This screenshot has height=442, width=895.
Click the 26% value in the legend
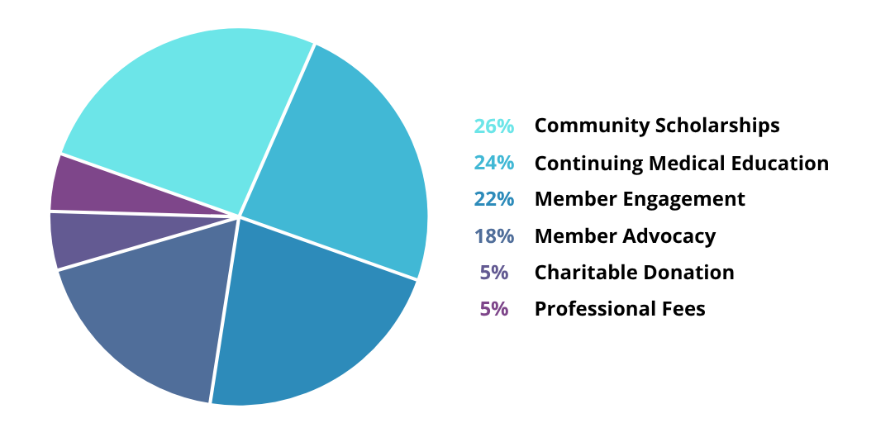pyautogui.click(x=494, y=126)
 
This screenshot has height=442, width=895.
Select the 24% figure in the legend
pyautogui.click(x=494, y=163)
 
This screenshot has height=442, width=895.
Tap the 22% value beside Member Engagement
pyautogui.click(x=494, y=199)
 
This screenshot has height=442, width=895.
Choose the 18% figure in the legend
pyautogui.click(x=494, y=236)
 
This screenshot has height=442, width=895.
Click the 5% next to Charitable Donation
pyautogui.click(x=494, y=273)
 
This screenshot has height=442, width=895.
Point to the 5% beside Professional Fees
pyautogui.click(x=494, y=309)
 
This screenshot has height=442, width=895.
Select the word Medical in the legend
pyautogui.click(x=683, y=163)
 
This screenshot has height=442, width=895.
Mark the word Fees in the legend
pyautogui.click(x=684, y=309)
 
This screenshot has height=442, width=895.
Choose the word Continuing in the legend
pyautogui.click(x=588, y=164)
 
